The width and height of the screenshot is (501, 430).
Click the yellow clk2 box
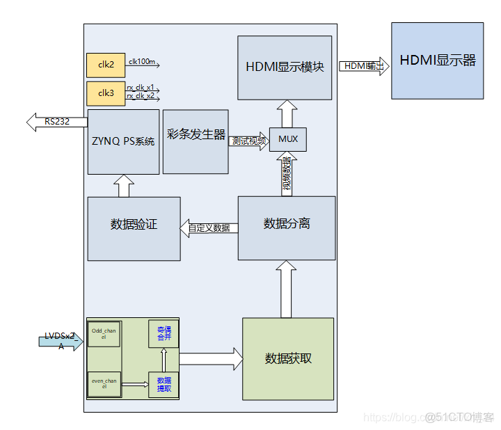[x=105, y=65]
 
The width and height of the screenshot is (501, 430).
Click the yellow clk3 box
[x=105, y=93]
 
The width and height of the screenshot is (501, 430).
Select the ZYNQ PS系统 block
[x=124, y=141]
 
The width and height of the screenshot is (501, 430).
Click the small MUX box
[x=287, y=139]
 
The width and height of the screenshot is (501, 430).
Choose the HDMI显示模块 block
[x=285, y=68]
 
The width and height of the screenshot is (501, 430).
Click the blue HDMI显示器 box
[x=437, y=61]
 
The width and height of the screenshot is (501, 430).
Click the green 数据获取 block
[x=288, y=358]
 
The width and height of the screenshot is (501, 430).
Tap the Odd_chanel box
[x=104, y=333]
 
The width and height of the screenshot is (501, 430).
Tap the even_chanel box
[x=104, y=383]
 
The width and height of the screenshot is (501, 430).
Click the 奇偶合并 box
[x=164, y=334]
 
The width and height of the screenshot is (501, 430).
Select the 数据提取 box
[x=164, y=384]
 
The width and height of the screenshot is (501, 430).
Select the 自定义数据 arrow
[x=209, y=228]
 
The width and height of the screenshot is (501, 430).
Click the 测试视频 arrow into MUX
[x=248, y=140]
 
